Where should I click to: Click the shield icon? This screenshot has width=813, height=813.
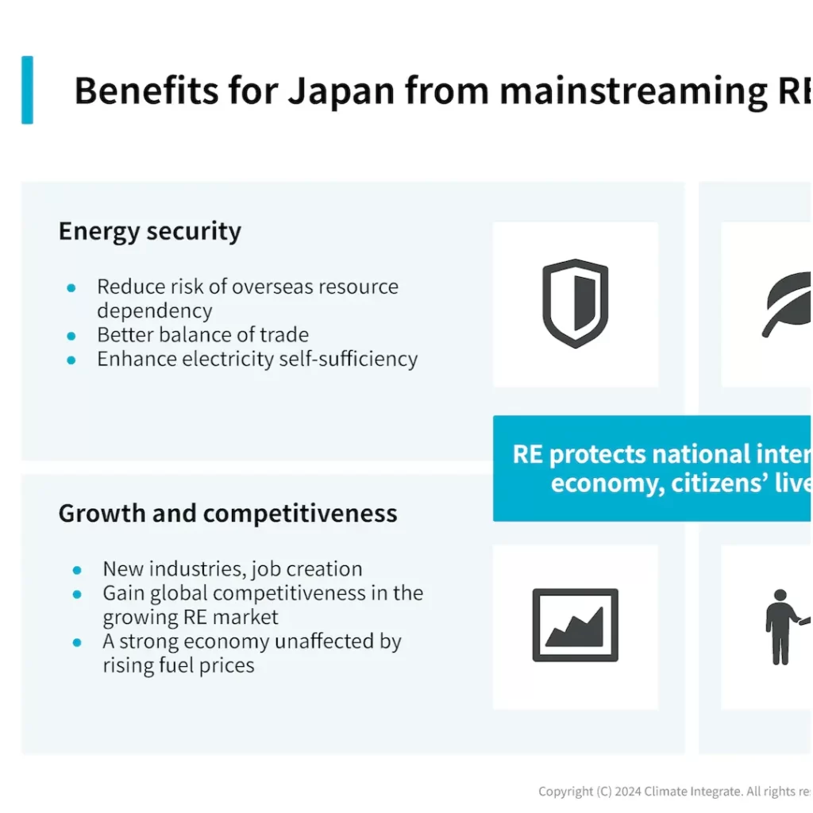575,303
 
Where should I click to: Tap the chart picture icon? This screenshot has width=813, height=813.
575,625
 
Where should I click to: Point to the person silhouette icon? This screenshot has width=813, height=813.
782,626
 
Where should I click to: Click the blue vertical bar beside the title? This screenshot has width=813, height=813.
28,90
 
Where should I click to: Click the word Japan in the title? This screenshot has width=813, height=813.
340,92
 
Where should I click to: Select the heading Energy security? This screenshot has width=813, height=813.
149,232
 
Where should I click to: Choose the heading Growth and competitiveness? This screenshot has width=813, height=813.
228,513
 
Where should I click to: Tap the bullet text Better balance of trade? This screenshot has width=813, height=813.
202,334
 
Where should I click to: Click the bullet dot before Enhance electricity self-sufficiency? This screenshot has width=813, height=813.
71,360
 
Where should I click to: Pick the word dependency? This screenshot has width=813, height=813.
154,310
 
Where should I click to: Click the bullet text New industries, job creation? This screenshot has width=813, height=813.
233,568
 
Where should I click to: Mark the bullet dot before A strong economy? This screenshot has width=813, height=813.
77,642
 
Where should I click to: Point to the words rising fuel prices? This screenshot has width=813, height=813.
179,665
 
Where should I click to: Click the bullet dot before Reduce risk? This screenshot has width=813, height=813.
71,287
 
